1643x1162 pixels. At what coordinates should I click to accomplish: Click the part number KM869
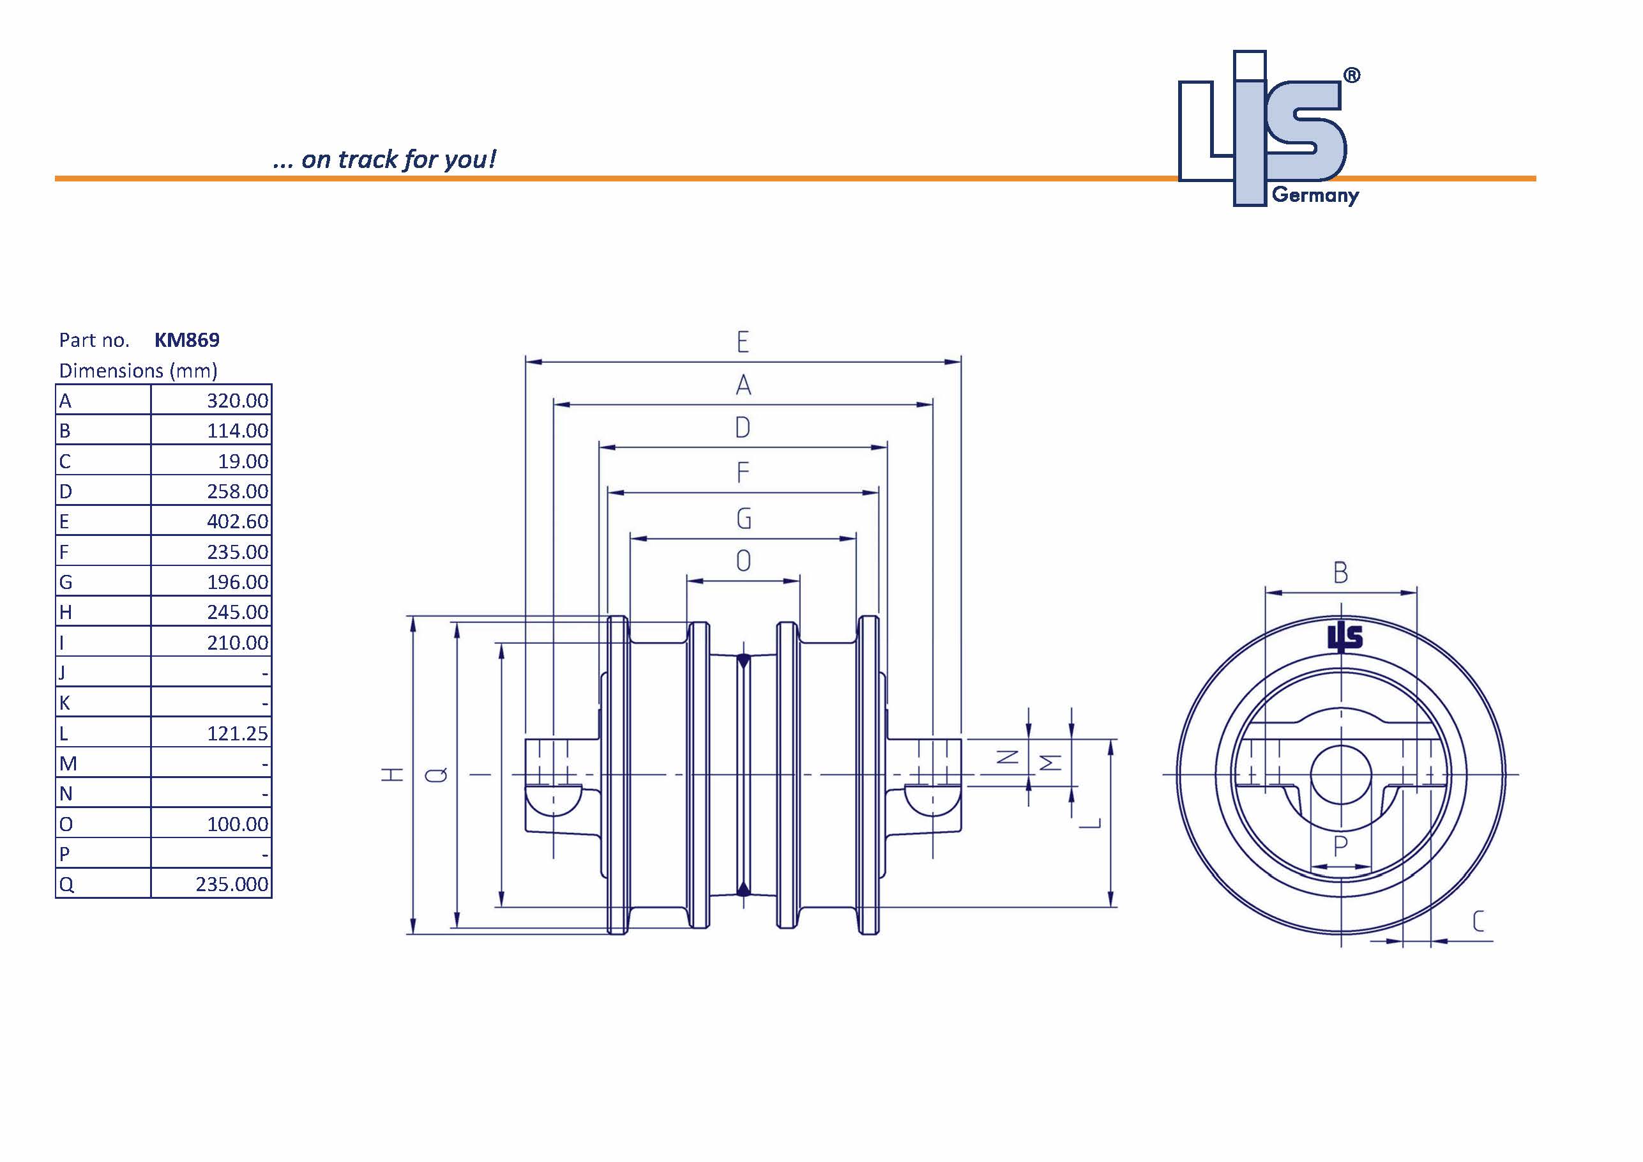pyautogui.click(x=186, y=340)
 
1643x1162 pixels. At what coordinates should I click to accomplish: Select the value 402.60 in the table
pyautogui.click(x=238, y=521)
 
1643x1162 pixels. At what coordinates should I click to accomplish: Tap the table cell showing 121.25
pyautogui.click(x=238, y=733)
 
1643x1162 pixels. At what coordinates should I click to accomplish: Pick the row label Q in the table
pyautogui.click(x=66, y=884)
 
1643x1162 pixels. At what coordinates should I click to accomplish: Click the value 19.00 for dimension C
pyautogui.click(x=243, y=461)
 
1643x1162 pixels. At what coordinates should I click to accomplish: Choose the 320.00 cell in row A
pyautogui.click(x=238, y=401)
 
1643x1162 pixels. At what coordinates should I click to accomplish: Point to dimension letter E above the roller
pyautogui.click(x=743, y=342)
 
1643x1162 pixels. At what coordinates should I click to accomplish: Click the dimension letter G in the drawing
pyautogui.click(x=743, y=518)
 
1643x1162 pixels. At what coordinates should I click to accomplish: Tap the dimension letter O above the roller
pyautogui.click(x=743, y=562)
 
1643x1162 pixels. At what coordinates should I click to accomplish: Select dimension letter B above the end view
pyautogui.click(x=1340, y=573)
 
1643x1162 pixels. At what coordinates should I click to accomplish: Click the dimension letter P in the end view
pyautogui.click(x=1340, y=847)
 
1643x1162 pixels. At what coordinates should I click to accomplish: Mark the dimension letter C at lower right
pyautogui.click(x=1478, y=921)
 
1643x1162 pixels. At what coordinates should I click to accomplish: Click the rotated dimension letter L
pyautogui.click(x=1090, y=823)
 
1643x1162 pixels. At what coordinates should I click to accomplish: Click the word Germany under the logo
pyautogui.click(x=1315, y=195)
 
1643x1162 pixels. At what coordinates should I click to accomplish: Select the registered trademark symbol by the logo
pyautogui.click(x=1351, y=76)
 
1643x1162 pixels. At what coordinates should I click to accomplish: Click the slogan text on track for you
pyautogui.click(x=385, y=159)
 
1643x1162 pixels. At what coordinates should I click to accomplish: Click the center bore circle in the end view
pyautogui.click(x=1340, y=775)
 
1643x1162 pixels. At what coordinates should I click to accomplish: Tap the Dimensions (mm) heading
pyautogui.click(x=138, y=371)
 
